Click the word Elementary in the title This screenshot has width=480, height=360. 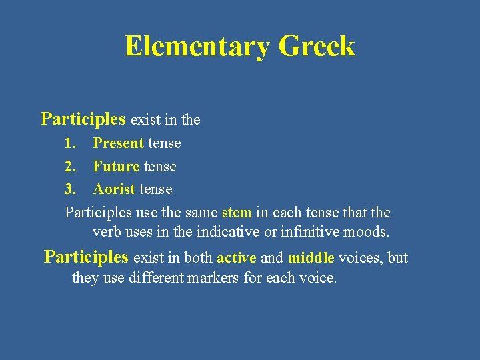[x=197, y=47]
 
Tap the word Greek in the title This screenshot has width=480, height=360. [x=317, y=47]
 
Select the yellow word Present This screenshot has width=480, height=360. [x=118, y=143]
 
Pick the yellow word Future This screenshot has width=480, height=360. [x=116, y=166]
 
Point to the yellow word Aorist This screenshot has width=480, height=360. [x=114, y=189]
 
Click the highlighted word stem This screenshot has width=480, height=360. [x=237, y=213]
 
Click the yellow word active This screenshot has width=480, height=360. [x=237, y=258]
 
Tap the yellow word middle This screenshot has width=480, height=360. [x=311, y=258]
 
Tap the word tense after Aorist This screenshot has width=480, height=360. [x=155, y=189]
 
